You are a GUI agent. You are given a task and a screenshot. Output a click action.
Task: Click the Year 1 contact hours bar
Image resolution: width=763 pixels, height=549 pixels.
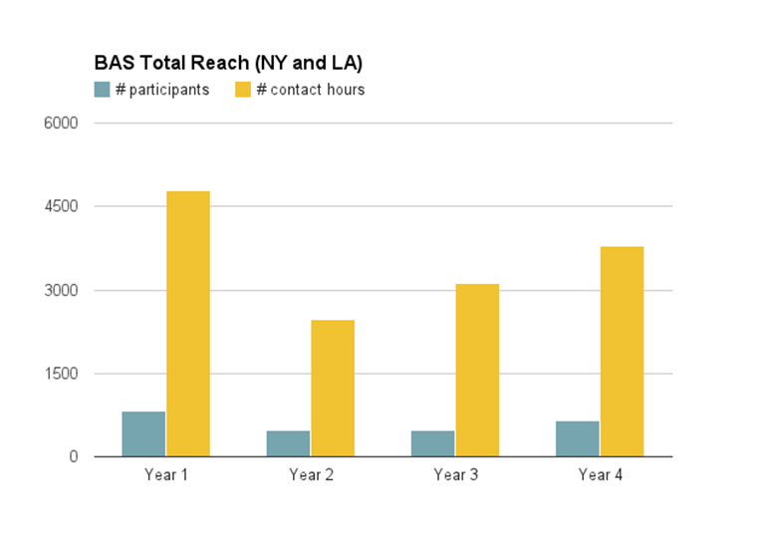(x=188, y=324)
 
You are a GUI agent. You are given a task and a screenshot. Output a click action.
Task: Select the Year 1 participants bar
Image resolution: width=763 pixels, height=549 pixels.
(x=143, y=434)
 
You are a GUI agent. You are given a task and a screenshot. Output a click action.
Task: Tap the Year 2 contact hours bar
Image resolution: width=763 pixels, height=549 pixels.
(x=333, y=389)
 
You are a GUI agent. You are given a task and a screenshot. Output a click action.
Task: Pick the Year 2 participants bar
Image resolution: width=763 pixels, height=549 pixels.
(x=288, y=443)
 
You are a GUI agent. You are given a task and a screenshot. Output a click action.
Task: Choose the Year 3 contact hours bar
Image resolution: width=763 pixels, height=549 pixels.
(x=477, y=371)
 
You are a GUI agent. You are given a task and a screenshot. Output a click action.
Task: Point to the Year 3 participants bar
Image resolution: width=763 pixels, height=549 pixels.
(x=432, y=443)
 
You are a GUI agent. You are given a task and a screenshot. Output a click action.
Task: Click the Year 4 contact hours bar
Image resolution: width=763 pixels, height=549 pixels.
(x=622, y=352)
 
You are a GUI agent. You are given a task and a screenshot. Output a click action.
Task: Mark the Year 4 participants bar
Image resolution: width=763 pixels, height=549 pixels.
(x=577, y=438)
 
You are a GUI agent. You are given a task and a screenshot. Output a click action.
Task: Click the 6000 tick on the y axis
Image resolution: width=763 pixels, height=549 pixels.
(x=59, y=124)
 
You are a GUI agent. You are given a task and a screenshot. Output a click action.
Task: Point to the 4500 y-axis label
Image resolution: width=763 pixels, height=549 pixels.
(x=59, y=207)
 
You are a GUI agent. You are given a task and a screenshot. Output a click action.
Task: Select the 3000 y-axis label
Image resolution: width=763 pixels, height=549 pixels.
(x=59, y=291)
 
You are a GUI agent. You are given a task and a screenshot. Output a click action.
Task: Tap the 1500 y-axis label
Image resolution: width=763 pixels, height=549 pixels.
(x=59, y=374)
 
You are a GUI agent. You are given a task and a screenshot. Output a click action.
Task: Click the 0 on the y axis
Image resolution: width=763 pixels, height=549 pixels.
(x=73, y=457)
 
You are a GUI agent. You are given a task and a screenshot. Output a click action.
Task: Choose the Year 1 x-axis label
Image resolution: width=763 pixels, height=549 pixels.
(x=166, y=475)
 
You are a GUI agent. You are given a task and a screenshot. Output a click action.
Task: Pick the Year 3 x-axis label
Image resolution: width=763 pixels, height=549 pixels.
(x=455, y=475)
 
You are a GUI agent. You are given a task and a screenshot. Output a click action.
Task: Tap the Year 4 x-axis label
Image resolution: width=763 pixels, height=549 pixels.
(x=600, y=475)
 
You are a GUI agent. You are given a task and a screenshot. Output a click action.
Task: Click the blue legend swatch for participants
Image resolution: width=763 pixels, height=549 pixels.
(x=102, y=90)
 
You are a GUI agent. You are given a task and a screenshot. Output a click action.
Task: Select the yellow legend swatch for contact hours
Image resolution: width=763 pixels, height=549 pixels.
(x=243, y=90)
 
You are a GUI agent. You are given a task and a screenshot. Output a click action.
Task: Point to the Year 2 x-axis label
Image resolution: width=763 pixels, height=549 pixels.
(x=311, y=475)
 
